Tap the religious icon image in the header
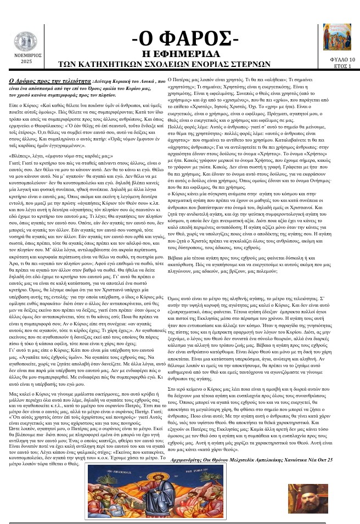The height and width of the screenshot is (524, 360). click(x=336, y=37)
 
